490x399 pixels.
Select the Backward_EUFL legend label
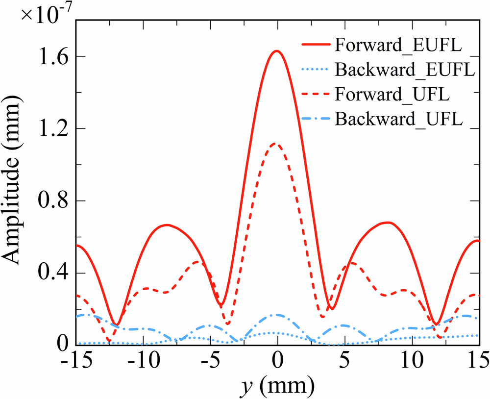tap(405, 70)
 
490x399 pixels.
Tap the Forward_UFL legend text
tap(392, 95)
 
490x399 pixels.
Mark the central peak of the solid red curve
tap(277, 51)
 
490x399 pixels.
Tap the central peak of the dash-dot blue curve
tap(277, 315)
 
